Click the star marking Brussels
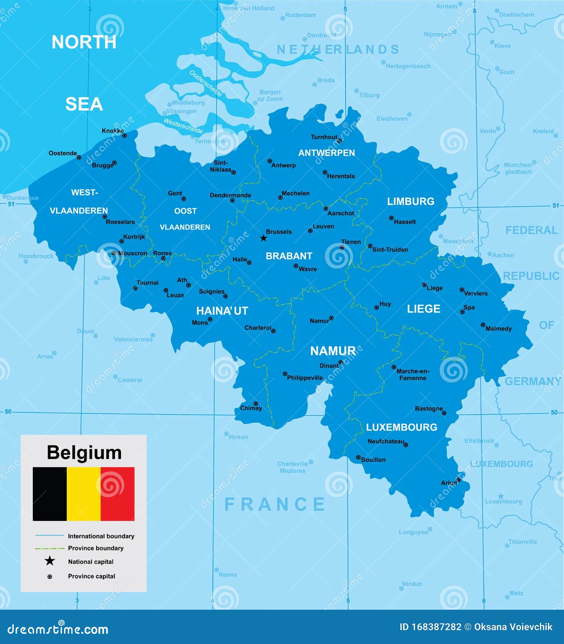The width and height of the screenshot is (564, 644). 264,238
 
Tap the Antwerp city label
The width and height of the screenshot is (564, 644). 283,165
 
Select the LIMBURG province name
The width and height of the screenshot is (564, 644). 411,202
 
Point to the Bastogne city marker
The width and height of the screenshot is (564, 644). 444,413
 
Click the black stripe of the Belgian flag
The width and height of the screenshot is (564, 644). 50,494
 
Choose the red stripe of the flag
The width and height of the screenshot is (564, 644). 117,494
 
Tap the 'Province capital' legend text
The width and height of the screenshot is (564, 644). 92,576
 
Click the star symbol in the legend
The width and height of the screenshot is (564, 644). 50,561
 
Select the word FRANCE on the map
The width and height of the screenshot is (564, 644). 275,504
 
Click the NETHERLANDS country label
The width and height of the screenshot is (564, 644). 338,50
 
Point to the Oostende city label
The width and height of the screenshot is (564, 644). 63,153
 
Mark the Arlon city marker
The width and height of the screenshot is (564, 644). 458,480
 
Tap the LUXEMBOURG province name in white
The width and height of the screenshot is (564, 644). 402,427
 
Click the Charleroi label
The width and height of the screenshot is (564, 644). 258,328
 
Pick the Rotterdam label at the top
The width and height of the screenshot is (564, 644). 300,15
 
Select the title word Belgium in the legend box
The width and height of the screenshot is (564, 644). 84,453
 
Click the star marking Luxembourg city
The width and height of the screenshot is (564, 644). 501,496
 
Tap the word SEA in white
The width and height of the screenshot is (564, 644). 84,104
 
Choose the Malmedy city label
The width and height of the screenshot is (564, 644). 498,328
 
